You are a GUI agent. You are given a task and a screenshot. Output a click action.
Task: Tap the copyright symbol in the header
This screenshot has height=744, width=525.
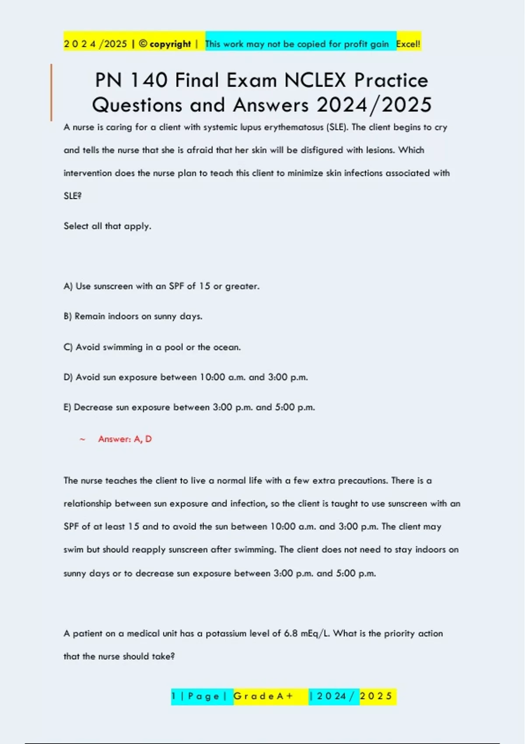(143, 44)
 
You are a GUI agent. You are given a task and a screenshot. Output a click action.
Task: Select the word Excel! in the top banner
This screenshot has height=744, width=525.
(408, 44)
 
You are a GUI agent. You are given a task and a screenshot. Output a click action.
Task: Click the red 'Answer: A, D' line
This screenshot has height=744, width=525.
(125, 439)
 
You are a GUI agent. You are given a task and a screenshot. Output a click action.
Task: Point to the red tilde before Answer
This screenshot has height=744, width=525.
(82, 439)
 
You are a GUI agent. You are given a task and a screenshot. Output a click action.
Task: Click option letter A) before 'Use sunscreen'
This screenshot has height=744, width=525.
(68, 286)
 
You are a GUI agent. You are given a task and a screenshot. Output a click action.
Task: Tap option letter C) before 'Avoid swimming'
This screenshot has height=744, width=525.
(68, 347)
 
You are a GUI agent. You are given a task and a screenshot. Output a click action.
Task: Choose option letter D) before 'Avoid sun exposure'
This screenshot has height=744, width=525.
(68, 377)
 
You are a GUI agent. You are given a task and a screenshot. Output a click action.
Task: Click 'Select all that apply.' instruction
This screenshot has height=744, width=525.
(107, 226)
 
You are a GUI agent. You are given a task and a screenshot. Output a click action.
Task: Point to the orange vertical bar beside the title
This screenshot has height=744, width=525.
(51, 92)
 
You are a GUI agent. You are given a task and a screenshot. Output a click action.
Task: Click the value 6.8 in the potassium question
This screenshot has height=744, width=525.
(291, 634)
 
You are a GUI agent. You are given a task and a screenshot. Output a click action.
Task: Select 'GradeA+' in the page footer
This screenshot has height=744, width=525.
(263, 696)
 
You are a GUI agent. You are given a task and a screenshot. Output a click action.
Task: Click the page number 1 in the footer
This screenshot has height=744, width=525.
(174, 696)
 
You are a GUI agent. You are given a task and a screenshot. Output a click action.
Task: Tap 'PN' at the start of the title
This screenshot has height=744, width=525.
(108, 81)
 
